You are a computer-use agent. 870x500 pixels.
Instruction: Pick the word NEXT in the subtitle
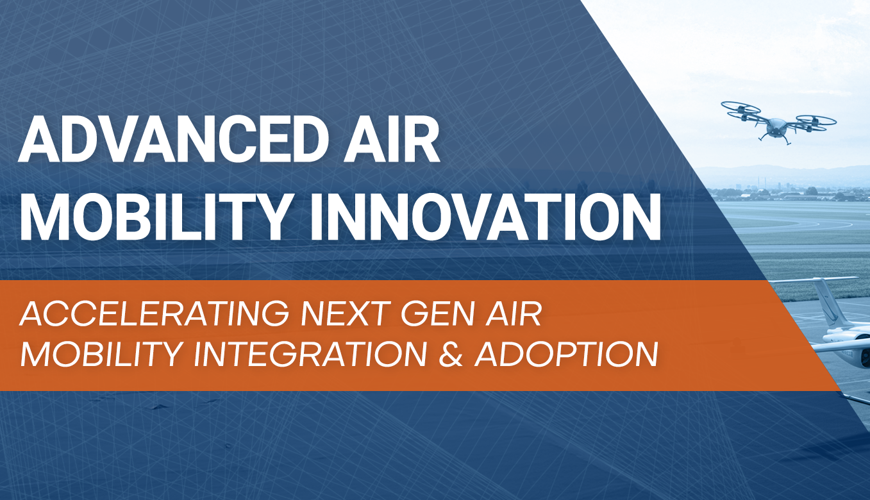click(x=346, y=313)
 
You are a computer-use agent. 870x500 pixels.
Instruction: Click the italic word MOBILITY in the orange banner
click(x=102, y=354)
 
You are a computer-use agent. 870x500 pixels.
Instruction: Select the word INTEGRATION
click(x=310, y=354)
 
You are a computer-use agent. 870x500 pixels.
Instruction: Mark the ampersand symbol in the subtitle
click(x=451, y=354)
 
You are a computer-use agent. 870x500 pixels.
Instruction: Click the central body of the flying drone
click(x=776, y=128)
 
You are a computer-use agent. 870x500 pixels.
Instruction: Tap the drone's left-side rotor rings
click(x=741, y=111)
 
